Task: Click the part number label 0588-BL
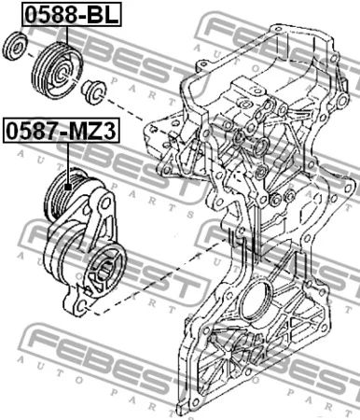click(x=71, y=15)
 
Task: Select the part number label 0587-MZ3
click(x=62, y=131)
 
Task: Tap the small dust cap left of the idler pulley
click(x=15, y=46)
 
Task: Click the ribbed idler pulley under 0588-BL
click(x=58, y=70)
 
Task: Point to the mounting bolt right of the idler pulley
click(x=93, y=91)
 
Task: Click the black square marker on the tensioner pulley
click(x=68, y=187)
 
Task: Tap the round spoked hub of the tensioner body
click(x=104, y=270)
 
